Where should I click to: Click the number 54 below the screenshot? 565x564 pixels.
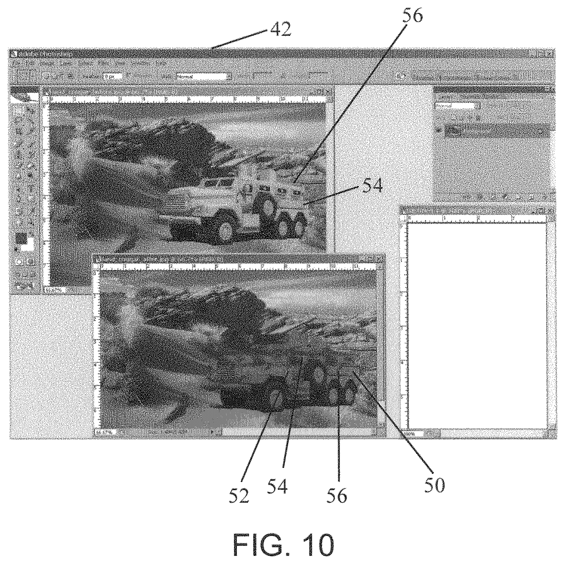[278, 487]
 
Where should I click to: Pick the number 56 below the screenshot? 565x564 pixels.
[337, 495]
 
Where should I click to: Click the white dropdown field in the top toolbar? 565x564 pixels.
[201, 77]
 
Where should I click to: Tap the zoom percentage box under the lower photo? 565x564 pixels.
[105, 432]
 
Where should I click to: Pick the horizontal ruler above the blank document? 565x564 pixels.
[477, 218]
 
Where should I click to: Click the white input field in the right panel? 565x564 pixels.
[455, 106]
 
